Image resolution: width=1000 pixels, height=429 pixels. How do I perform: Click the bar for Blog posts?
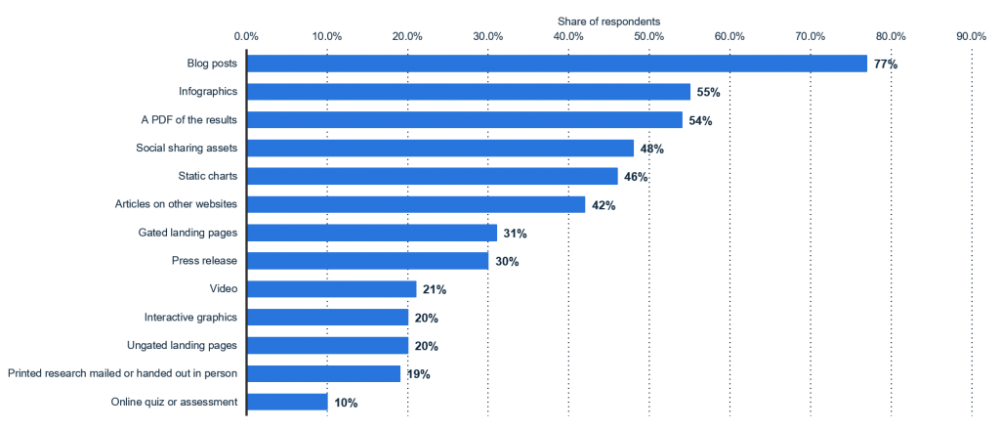coord(557,64)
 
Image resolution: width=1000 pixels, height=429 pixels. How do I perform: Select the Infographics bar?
coord(469,92)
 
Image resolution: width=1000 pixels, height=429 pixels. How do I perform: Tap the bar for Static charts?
coord(432,177)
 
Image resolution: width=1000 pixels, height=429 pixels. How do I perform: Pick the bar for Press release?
coord(367,261)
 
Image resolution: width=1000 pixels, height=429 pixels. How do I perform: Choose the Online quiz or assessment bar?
coord(287,402)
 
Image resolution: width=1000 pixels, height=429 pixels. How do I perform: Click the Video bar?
coord(331,289)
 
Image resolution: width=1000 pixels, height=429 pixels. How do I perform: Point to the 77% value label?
coord(886,64)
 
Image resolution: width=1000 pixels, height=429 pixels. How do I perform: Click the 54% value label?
coord(700,121)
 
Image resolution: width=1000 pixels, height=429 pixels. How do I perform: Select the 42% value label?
coord(604,205)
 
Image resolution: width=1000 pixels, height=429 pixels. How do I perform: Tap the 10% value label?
coord(346,403)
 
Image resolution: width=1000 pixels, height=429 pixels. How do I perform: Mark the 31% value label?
coord(515,234)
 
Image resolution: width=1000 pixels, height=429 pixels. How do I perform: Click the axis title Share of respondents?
coord(608,20)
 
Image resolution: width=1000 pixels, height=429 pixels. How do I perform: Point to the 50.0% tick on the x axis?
coord(648,36)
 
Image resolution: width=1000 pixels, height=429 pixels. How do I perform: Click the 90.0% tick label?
coord(970,36)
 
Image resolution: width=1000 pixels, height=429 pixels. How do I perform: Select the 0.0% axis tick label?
coord(247,36)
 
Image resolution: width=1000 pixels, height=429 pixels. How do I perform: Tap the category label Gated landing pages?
coord(188,233)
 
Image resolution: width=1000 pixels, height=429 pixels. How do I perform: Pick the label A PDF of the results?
coord(189,120)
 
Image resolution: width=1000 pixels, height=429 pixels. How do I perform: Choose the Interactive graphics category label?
coord(190,318)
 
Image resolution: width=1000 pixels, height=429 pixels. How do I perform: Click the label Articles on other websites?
coord(177,204)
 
